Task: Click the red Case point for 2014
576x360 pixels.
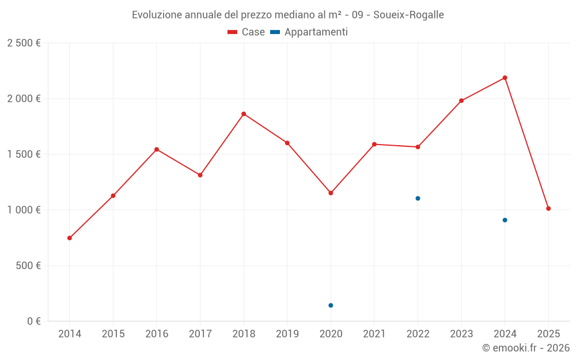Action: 70,238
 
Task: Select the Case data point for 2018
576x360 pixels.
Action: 244,114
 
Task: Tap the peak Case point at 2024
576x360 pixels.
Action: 505,78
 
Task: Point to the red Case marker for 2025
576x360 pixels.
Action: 548,209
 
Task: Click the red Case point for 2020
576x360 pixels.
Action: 331,193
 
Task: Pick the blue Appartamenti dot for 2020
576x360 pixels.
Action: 331,305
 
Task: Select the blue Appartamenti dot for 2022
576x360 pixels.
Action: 418,198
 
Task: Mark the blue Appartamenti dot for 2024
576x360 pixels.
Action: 505,220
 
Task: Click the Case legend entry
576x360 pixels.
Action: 247,32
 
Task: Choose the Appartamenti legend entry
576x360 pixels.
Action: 309,32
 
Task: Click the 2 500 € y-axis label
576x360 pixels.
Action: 24,43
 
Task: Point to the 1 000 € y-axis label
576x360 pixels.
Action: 24,210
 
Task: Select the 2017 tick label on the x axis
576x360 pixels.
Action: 200,334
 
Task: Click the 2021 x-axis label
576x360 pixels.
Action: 374,334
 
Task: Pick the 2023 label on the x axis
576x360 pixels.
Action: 461,334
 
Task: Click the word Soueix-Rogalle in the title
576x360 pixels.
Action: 408,15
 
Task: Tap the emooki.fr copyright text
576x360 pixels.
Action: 525,348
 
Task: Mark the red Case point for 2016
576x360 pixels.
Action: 157,150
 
